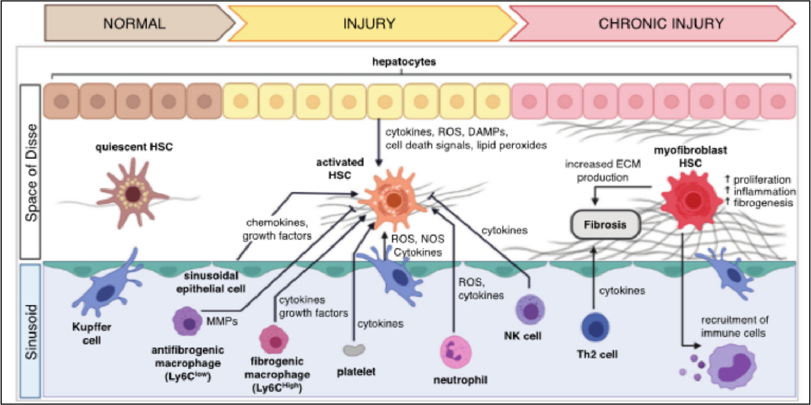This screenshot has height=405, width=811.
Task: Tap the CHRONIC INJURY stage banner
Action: click(x=653, y=24)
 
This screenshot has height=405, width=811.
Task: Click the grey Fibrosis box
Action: click(x=604, y=225)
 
